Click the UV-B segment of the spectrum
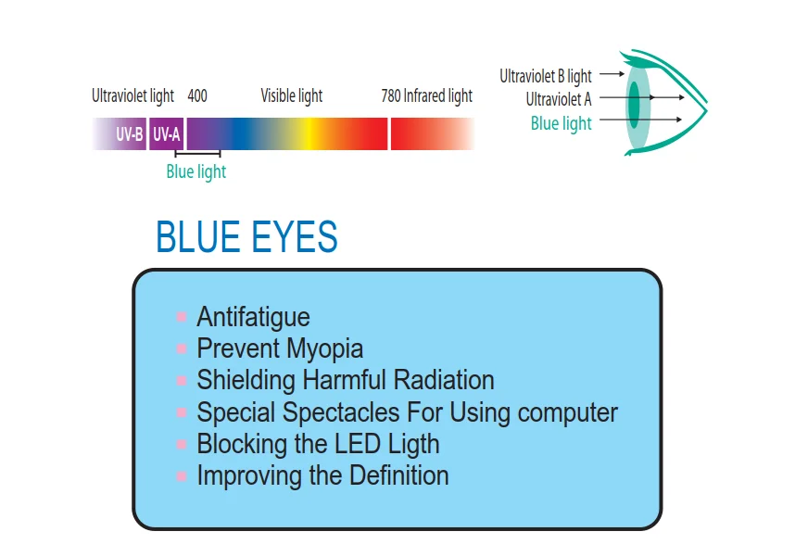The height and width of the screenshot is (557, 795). click(120, 134)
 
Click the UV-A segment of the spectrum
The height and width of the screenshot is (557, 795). click(166, 134)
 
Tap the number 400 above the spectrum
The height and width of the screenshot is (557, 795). click(197, 95)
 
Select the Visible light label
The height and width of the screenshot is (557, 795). click(292, 95)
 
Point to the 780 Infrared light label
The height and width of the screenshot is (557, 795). click(427, 95)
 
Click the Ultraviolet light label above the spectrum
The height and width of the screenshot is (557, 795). click(132, 95)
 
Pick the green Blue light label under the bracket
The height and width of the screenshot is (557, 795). click(196, 172)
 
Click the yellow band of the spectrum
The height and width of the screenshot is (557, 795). click(308, 134)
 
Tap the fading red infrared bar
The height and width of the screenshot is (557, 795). click(433, 134)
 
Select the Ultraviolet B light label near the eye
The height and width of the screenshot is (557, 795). click(546, 76)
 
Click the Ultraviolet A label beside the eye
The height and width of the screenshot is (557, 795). click(559, 99)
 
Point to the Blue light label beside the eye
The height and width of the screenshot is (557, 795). click(562, 123)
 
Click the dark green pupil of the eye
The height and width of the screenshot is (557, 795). click(634, 105)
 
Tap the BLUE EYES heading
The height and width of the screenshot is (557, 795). click(246, 237)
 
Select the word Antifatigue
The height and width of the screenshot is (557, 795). click(253, 318)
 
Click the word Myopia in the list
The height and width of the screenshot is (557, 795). click(324, 349)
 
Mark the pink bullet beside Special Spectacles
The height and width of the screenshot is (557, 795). click(182, 412)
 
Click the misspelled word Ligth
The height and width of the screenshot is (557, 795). click(413, 444)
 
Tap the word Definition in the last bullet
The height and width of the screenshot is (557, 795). click(399, 475)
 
